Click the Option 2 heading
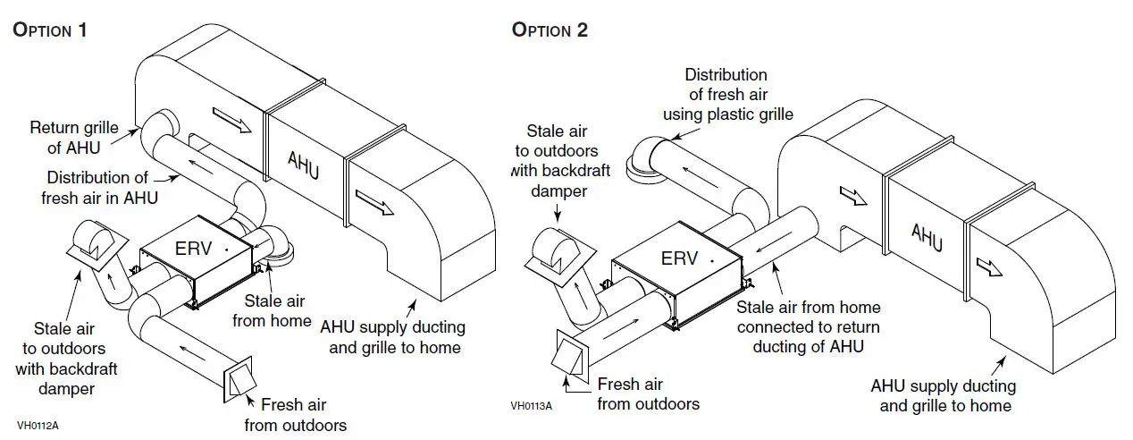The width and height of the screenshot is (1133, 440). pyautogui.click(x=550, y=30)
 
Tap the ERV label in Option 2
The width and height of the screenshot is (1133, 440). pyautogui.click(x=679, y=258)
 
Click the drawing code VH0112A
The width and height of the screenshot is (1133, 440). pyautogui.click(x=38, y=425)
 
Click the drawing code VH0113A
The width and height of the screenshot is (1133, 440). pyautogui.click(x=532, y=405)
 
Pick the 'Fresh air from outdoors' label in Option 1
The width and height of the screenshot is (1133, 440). pyautogui.click(x=295, y=414)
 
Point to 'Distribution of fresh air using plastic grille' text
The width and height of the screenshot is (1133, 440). pyautogui.click(x=726, y=95)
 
